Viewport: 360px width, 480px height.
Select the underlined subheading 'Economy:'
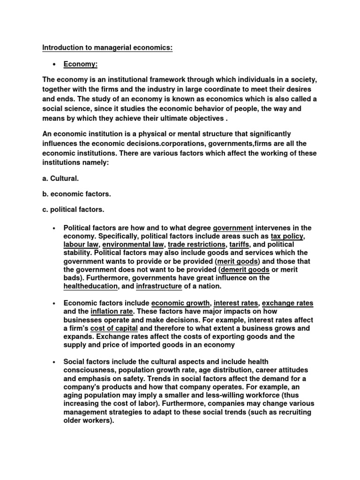coord(81,64)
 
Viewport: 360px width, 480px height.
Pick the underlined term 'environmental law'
coord(133,245)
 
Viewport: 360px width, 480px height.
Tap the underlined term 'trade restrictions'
coord(197,245)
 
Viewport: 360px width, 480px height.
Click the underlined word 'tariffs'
coord(240,245)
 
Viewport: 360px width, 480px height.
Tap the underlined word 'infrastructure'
coord(159,286)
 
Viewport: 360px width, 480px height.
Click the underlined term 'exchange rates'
coord(290,303)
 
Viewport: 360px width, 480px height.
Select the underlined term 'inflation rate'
coord(112,311)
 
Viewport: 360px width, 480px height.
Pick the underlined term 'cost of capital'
coord(117,328)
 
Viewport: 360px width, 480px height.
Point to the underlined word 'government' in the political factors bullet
coord(233,228)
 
